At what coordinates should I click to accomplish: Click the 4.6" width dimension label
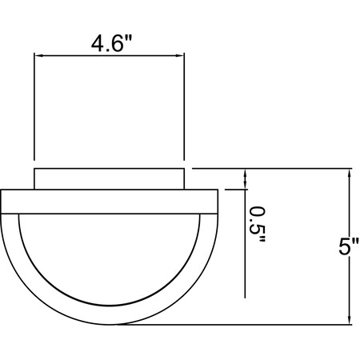(111, 43)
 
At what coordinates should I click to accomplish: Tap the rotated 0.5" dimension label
(258, 225)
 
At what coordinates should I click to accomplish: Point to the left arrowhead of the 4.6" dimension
(38, 55)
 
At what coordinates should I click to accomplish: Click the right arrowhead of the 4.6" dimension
(180, 55)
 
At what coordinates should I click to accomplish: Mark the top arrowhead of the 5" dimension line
(349, 173)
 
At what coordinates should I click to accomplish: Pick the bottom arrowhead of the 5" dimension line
(349, 320)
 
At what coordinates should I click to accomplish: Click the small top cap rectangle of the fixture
(110, 179)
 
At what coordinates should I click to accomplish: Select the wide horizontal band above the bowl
(110, 202)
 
